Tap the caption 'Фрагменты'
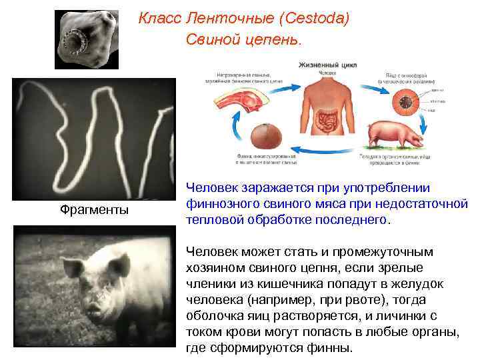(x=95, y=210)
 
